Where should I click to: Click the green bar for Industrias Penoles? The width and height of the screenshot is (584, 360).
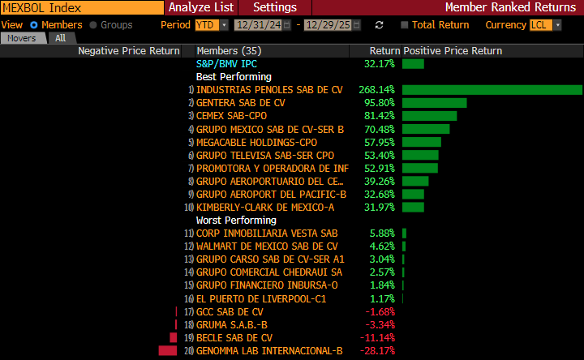point(492,90)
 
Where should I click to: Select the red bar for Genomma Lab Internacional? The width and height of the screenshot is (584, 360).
point(168,350)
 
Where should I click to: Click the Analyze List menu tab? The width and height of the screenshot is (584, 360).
point(200,7)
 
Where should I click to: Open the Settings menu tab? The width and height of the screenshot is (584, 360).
point(275,7)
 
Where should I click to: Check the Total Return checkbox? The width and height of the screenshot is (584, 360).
point(416,25)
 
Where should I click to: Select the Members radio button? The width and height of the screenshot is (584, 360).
point(35,25)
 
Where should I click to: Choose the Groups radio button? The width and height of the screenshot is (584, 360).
point(93,25)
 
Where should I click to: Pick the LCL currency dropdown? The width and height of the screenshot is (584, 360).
point(543,25)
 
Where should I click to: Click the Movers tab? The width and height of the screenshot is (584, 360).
point(22,38)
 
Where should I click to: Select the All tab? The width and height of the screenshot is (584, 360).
point(60,38)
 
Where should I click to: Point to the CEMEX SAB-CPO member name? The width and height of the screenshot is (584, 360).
point(231,116)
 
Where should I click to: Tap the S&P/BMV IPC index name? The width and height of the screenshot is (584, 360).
point(228,63)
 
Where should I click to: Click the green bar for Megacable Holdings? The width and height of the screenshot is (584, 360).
point(421,142)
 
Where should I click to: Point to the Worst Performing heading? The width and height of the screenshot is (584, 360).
point(236,220)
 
